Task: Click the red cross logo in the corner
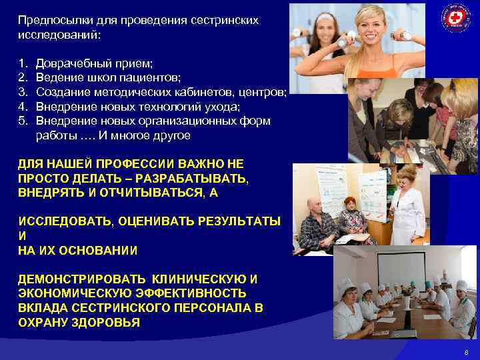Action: click(x=456, y=18)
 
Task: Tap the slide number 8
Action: click(x=466, y=351)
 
